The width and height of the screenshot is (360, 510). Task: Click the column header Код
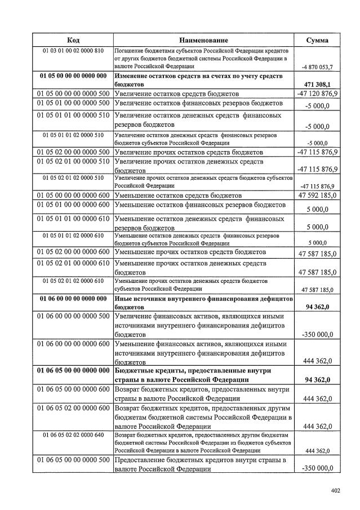coord(73,40)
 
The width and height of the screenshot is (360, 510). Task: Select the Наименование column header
coord(204,40)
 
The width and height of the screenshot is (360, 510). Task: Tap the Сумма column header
coord(317,40)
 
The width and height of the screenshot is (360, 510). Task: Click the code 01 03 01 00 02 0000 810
coord(73,51)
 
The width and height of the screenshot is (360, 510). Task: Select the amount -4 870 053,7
coord(317,66)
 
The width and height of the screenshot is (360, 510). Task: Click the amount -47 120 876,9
coord(317,93)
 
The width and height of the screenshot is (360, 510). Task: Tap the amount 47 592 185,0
coord(317,196)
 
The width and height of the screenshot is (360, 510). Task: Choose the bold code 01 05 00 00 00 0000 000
coord(73,76)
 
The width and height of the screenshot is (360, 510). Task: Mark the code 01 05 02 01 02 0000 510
coord(73,178)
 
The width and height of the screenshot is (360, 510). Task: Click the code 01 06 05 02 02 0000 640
coord(73,435)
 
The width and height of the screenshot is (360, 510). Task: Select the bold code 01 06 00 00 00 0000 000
coord(73,298)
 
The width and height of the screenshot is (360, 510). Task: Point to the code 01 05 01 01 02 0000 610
coord(73,235)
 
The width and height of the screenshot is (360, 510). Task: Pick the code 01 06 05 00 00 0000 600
coord(73,389)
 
